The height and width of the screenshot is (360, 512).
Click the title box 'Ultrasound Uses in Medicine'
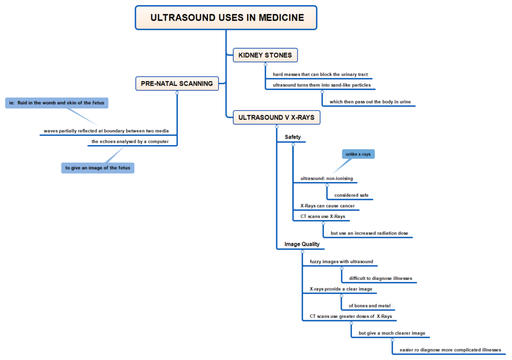pos(226,17)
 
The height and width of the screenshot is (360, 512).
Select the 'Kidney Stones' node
pos(265,55)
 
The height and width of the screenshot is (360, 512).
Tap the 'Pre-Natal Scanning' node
pos(177,83)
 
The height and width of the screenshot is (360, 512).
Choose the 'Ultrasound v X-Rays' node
pos(276,118)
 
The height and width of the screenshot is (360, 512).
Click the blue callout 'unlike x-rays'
pos(358,154)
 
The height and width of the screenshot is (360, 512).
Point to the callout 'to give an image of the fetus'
pos(97,168)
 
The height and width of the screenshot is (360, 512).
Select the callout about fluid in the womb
pos(57,103)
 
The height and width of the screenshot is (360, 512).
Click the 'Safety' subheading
pos(293,137)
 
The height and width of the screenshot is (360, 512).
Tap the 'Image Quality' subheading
pos(302,244)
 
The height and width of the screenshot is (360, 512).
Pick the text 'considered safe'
pos(351,195)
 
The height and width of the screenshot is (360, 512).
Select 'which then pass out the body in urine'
pos(370,102)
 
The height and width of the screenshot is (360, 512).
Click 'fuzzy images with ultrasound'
pos(341,261)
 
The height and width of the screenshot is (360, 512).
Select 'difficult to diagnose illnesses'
pos(380,278)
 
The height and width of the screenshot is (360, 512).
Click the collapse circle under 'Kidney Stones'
pos(265,64)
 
